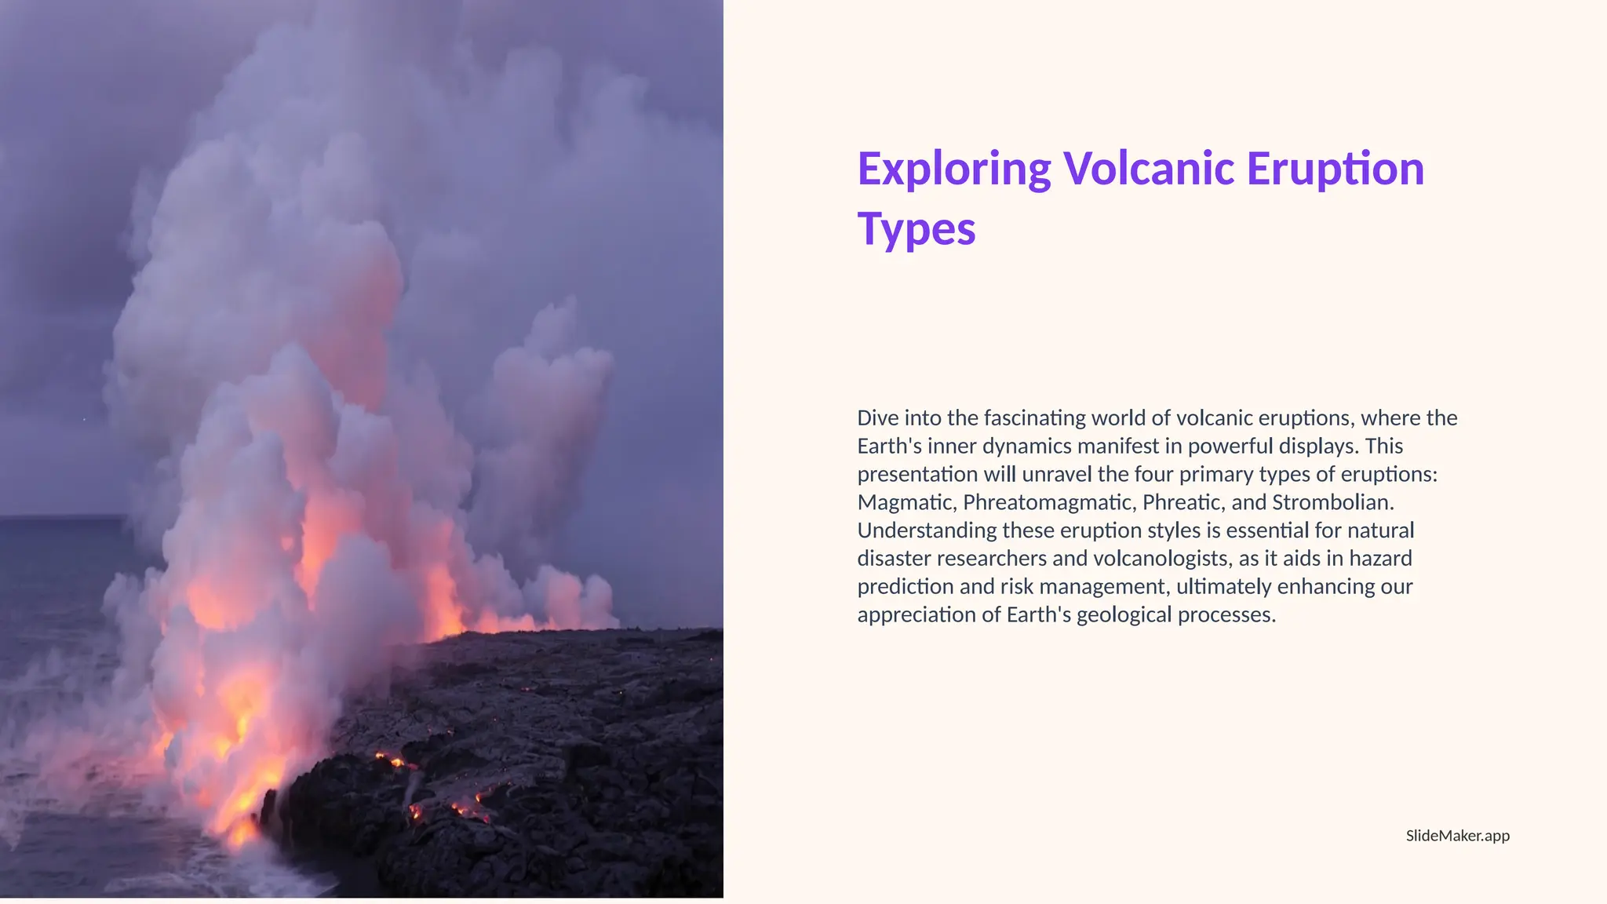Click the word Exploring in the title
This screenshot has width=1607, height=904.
click(953, 169)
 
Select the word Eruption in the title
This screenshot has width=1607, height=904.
click(1335, 169)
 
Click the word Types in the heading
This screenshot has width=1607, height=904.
click(916, 229)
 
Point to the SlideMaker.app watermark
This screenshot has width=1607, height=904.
click(1457, 836)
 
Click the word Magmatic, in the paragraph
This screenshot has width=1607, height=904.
click(907, 502)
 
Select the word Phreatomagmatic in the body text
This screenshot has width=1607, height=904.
click(1049, 502)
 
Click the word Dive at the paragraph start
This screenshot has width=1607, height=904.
click(877, 418)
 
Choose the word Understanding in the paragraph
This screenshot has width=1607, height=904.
click(927, 530)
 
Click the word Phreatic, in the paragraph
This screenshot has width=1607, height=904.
click(1184, 502)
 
